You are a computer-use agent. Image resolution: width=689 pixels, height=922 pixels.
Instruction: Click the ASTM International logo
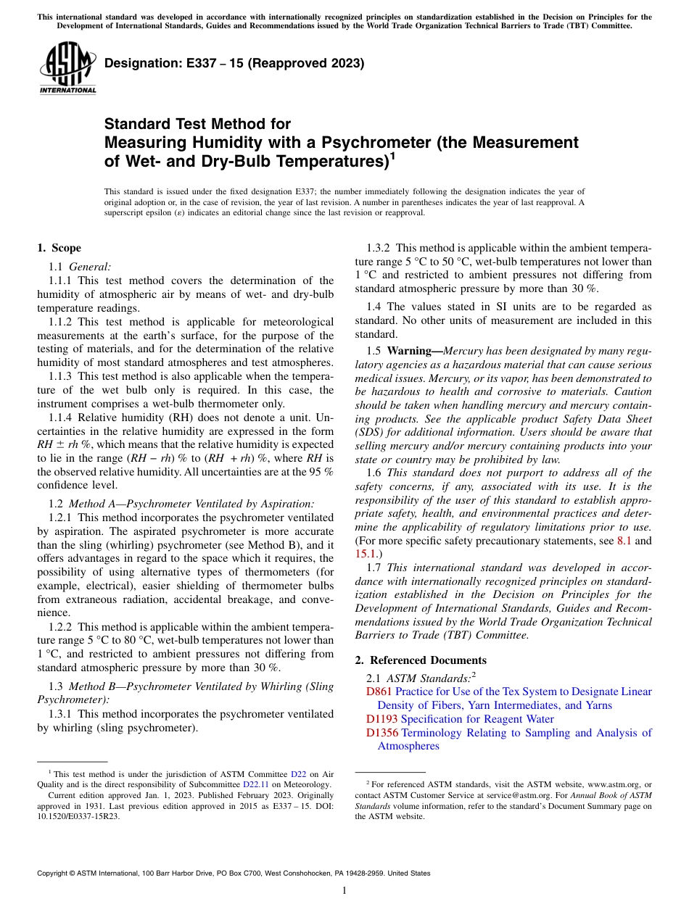67,68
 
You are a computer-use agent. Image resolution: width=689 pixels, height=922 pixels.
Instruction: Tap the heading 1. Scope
59,248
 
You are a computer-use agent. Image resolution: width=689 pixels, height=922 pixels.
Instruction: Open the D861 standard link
379,691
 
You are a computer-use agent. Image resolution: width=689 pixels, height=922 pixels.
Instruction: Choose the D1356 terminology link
382,733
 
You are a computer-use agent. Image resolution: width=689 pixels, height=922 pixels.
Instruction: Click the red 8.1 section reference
623,540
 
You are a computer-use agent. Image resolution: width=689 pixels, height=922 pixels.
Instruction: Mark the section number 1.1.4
61,417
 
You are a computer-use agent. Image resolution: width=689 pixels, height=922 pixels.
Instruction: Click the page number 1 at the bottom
344,891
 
